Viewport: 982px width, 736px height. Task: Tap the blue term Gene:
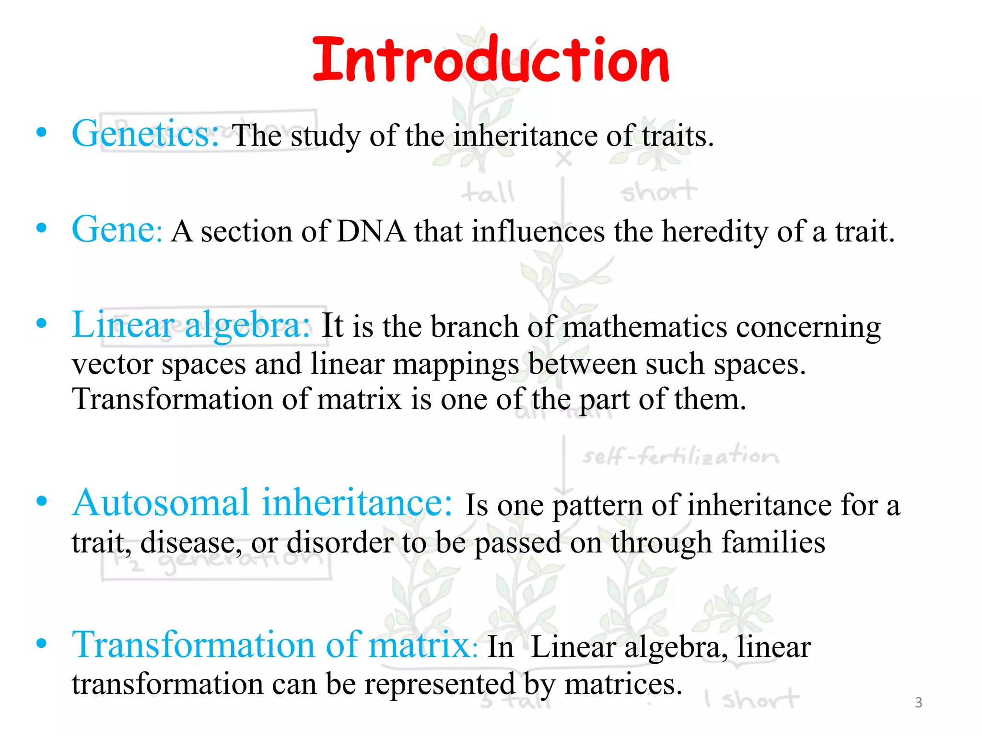[x=117, y=230]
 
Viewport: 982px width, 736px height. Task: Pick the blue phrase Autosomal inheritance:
[x=262, y=503]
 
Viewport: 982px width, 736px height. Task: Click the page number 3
[x=918, y=702]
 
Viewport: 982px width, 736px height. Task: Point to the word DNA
[x=371, y=232]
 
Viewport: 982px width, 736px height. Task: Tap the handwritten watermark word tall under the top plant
[x=488, y=193]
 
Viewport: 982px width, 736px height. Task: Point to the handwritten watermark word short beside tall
[x=658, y=192]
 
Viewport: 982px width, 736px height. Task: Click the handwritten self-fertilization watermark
[x=680, y=456]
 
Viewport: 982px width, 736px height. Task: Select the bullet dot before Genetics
[x=42, y=133]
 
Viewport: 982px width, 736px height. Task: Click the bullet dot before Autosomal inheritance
[x=42, y=502]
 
